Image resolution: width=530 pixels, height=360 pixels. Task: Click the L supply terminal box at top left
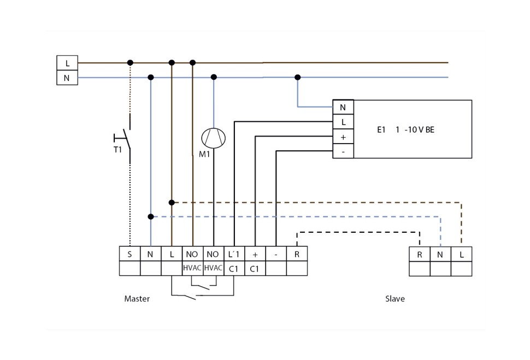click(67, 63)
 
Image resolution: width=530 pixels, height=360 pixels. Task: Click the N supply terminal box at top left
click(67, 78)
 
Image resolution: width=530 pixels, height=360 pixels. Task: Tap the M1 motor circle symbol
click(213, 137)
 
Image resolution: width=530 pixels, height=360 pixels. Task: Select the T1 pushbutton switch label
click(117, 150)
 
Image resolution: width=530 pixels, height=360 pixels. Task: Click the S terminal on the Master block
click(129, 254)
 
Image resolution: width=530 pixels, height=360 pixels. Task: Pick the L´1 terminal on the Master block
click(234, 254)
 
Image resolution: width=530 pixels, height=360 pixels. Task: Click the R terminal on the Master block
click(297, 254)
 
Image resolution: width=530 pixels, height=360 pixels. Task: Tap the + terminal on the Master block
click(255, 254)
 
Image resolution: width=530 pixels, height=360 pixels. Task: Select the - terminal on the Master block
click(276, 254)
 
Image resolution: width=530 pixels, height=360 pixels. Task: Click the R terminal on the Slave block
click(419, 254)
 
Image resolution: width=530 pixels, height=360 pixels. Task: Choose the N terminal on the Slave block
click(440, 254)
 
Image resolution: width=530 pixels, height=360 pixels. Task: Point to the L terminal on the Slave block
click(461, 254)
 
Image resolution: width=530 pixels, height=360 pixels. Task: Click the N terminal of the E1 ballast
click(343, 108)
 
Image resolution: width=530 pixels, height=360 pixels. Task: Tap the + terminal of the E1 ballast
click(343, 137)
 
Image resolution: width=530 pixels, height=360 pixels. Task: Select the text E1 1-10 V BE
click(405, 130)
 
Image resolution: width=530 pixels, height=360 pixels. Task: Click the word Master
click(137, 299)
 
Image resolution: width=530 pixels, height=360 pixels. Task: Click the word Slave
click(395, 299)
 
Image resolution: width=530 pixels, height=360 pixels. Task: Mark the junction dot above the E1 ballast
click(297, 77)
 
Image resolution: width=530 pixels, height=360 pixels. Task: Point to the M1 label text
click(204, 155)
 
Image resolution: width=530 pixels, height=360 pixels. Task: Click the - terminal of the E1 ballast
click(343, 151)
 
